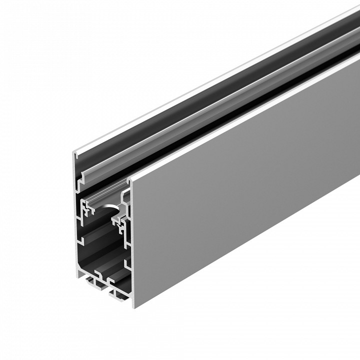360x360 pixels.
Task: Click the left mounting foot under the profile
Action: point(93,284)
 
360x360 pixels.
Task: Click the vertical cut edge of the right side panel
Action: point(134,240)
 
